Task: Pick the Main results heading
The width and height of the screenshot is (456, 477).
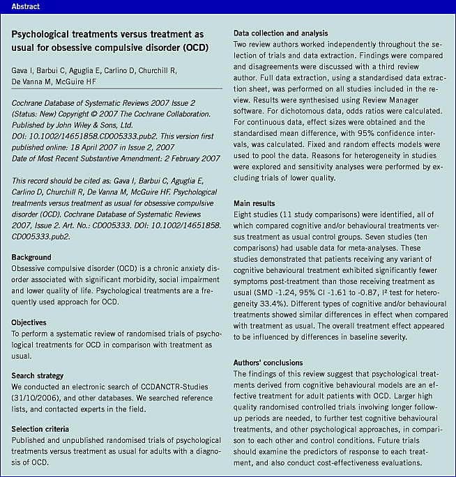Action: [255, 203]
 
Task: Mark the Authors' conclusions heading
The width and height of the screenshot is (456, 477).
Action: [268, 363]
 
